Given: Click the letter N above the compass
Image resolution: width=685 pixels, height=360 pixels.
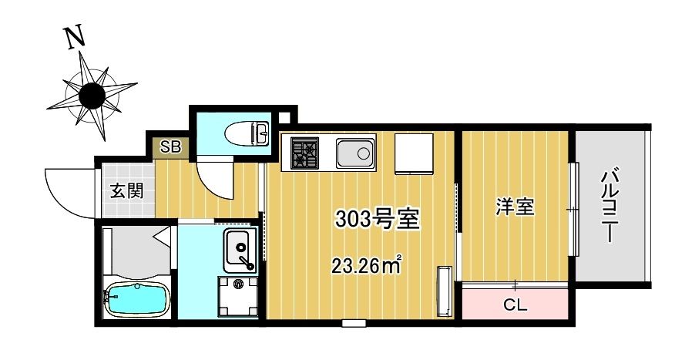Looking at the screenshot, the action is pos(74,37).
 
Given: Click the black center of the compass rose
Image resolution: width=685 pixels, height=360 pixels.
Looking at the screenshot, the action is pos(92,96).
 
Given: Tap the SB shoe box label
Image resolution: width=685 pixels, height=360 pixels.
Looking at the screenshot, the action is pos(170,146).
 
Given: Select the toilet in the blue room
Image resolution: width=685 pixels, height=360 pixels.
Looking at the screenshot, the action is pos(247,133).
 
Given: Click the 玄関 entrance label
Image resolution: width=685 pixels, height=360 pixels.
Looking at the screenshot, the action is pos(126,191).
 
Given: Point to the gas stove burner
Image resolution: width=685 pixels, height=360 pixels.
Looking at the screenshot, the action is pos(305,153).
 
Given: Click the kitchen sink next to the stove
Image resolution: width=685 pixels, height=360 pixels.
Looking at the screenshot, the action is pos(355,153).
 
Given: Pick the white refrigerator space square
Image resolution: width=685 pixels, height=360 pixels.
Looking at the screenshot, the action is pos(414,153).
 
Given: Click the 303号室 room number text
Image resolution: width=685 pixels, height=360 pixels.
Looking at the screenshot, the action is pos(377,219).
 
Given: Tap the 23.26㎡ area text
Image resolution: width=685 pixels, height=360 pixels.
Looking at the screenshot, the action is pos(366,265).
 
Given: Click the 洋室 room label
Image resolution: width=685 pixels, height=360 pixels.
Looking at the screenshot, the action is pos(515,207).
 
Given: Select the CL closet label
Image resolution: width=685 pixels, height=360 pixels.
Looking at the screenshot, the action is pos(515,304).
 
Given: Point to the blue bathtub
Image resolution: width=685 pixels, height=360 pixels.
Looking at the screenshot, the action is pos(137,298).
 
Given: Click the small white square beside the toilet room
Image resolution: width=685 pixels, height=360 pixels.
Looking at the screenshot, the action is pos(284,118).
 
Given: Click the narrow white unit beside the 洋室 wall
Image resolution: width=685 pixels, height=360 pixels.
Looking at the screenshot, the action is pos(445,290).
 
